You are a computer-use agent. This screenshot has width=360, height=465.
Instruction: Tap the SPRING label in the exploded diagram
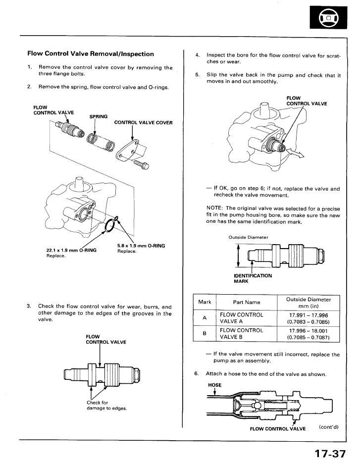point(99,116)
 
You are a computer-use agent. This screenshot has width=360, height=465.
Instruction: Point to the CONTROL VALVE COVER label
point(143,123)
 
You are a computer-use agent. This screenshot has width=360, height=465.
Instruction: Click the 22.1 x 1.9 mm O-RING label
point(71,251)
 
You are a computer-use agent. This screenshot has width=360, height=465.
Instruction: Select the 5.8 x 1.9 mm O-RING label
point(141,246)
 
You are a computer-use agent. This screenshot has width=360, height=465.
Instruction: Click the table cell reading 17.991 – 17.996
point(308,315)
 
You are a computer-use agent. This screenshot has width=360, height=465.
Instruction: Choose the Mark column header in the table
point(205,302)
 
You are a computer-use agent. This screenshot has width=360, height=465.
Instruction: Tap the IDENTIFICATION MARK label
point(253,278)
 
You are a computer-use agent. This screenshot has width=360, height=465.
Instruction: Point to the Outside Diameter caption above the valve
point(249,237)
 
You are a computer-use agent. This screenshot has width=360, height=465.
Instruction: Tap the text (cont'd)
point(328,426)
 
